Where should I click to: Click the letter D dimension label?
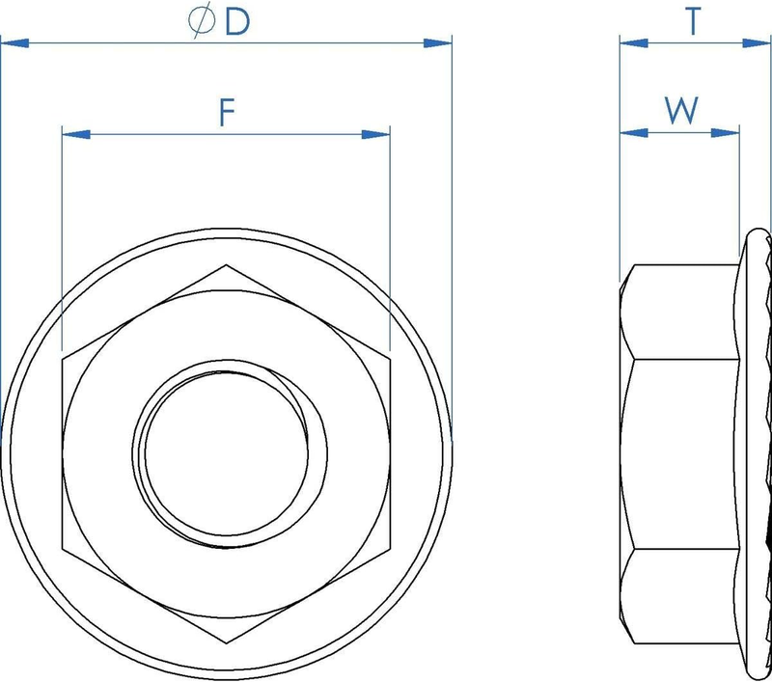pyautogui.click(x=237, y=22)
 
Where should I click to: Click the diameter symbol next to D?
pyautogui.click(x=202, y=19)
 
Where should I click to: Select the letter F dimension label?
pyautogui.click(x=227, y=112)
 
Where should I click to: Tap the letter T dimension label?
pyautogui.click(x=693, y=21)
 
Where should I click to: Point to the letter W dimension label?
pyautogui.click(x=681, y=110)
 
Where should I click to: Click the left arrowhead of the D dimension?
pyautogui.click(x=14, y=43)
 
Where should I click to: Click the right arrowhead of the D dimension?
pyautogui.click(x=437, y=43)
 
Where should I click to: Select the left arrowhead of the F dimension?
pyautogui.click(x=76, y=134)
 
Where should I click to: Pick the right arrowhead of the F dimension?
pyautogui.click(x=375, y=134)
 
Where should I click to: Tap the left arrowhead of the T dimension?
pyautogui.click(x=634, y=43)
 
